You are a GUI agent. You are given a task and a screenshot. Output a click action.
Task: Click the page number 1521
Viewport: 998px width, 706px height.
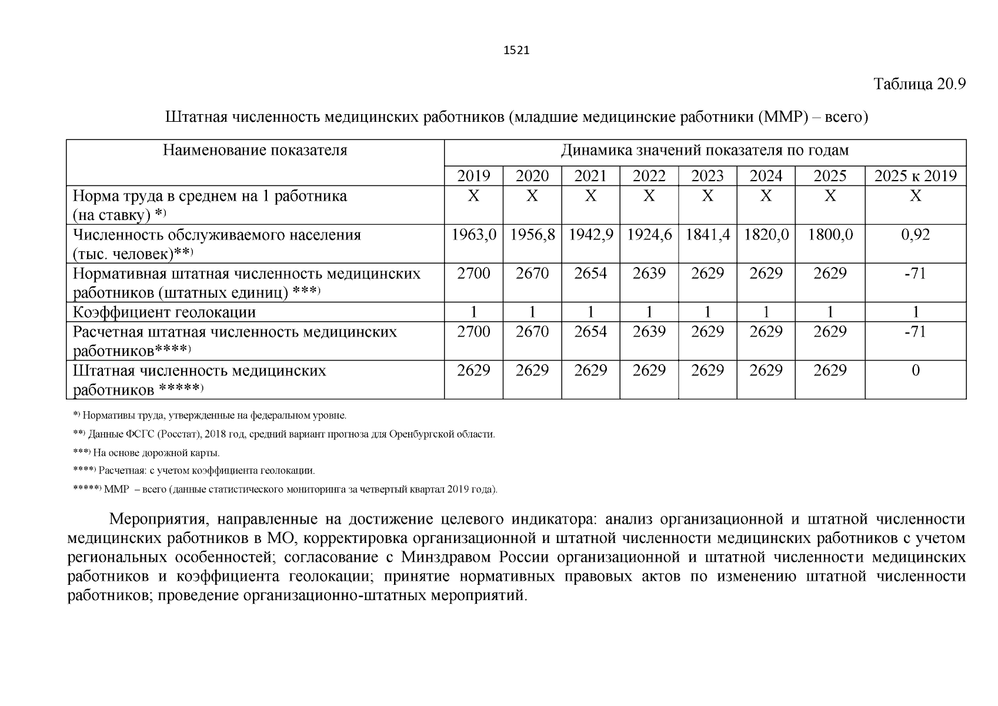click(x=517, y=51)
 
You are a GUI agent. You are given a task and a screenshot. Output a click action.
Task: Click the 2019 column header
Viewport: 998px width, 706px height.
click(x=473, y=176)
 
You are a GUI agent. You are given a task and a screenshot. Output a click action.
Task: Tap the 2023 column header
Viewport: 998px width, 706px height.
click(x=707, y=176)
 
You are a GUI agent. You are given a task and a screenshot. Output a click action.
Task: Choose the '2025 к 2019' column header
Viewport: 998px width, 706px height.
click(x=915, y=176)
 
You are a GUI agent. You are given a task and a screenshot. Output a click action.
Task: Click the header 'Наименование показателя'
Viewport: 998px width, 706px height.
click(x=255, y=151)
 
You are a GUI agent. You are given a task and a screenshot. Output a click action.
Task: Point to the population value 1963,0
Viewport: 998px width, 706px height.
click(x=473, y=235)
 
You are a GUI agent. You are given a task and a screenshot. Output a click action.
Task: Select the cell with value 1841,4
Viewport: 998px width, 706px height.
click(x=707, y=235)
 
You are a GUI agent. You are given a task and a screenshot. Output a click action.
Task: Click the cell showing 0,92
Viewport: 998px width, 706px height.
click(x=915, y=235)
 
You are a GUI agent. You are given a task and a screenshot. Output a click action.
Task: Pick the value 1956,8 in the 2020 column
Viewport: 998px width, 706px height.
click(x=532, y=235)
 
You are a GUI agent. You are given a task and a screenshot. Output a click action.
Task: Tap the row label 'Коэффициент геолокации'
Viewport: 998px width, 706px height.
click(x=164, y=312)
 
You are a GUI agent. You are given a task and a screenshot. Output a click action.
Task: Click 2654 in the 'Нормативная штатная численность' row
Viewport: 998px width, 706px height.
click(x=590, y=274)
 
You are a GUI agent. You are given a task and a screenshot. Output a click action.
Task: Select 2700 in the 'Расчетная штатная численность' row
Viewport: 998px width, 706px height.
click(x=473, y=332)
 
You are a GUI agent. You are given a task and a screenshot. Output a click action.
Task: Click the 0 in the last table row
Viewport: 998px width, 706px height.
click(x=915, y=371)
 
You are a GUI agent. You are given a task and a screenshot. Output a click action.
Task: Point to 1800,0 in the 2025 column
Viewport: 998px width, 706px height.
click(x=830, y=235)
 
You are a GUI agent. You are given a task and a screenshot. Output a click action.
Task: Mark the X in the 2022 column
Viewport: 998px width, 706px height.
click(x=649, y=196)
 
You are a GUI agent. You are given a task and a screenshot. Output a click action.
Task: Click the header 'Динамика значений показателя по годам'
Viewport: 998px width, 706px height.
click(x=705, y=151)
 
